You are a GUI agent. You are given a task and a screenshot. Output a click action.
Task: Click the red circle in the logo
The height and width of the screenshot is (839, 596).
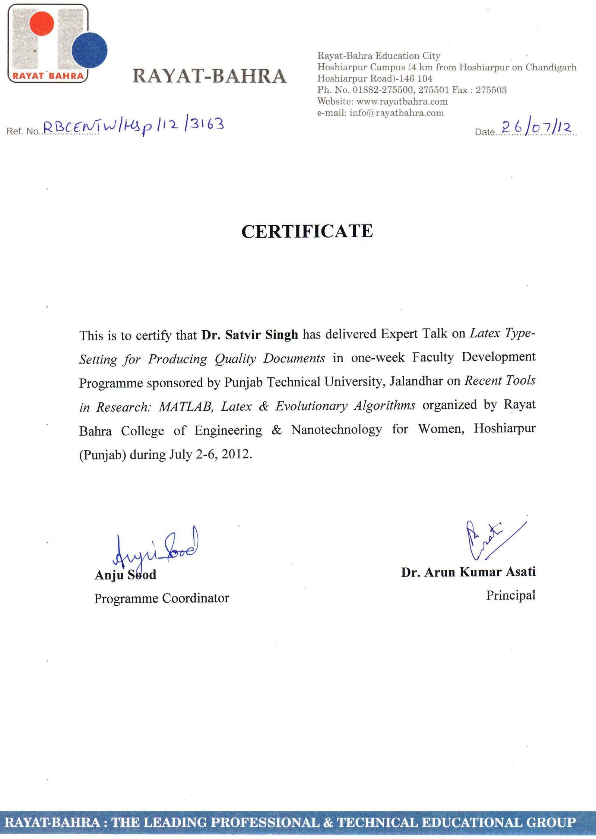(x=42, y=23)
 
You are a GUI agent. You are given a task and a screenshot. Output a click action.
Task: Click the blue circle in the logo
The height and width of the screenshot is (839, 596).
(x=89, y=50)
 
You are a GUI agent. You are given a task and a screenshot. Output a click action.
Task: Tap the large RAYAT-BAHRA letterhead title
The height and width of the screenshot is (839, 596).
(x=209, y=76)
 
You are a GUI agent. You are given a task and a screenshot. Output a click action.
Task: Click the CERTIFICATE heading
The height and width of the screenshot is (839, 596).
(x=307, y=231)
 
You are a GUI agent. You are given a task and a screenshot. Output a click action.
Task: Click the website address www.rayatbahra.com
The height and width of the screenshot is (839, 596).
(x=402, y=101)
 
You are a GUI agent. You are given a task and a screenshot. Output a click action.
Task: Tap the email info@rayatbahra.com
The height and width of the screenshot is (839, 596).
(x=396, y=113)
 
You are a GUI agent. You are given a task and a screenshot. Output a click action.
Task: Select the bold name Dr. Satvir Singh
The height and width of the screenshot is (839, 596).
(x=250, y=335)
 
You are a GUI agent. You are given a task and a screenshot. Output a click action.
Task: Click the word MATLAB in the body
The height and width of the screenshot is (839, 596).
(x=186, y=406)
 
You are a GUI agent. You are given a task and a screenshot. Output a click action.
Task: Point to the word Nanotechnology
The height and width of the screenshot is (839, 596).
(x=336, y=430)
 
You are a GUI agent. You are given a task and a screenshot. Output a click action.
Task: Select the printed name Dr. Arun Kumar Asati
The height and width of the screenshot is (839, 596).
(x=468, y=572)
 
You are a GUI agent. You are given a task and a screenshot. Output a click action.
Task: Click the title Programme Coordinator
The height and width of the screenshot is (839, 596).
(x=162, y=598)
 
